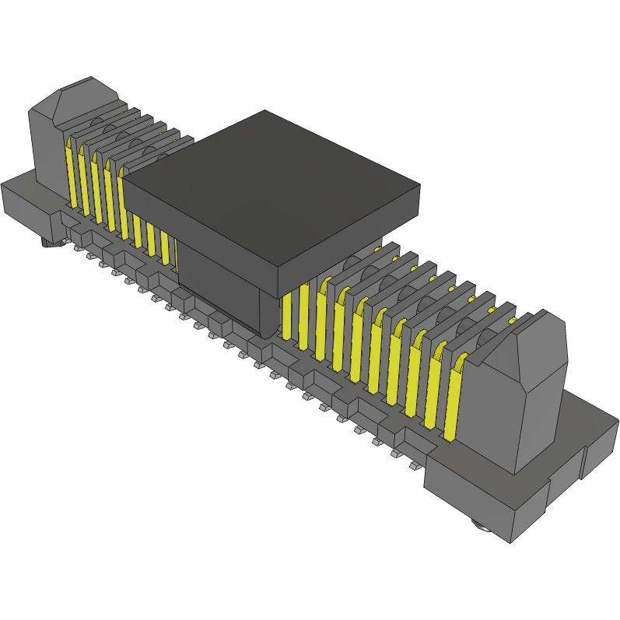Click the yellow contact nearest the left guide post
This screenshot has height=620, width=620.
click(69, 175)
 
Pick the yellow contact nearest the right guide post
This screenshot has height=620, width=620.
click(453, 397)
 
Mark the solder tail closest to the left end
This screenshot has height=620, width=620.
click(79, 248)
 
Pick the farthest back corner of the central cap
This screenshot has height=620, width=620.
click(265, 110)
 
